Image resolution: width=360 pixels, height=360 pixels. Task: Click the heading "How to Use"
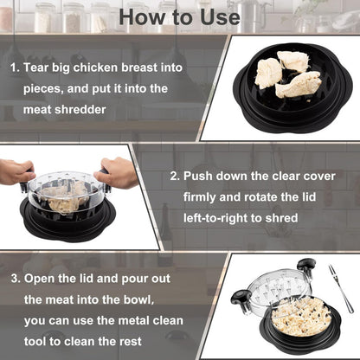179,16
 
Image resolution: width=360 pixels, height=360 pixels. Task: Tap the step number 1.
14,67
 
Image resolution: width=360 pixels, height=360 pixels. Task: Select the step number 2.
174,176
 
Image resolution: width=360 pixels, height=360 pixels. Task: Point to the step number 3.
14,279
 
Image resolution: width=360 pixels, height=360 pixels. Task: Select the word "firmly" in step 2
202,196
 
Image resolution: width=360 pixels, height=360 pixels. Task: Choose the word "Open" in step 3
42,279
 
